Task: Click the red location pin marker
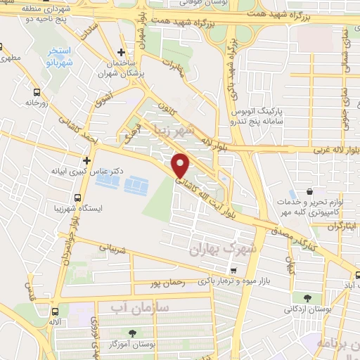coord(181,165)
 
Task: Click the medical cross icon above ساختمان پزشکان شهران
coord(122,53)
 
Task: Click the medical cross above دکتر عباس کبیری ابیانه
coord(87,160)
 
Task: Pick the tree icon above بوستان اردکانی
coord(307,298)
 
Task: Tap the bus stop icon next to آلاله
coord(55,311)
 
